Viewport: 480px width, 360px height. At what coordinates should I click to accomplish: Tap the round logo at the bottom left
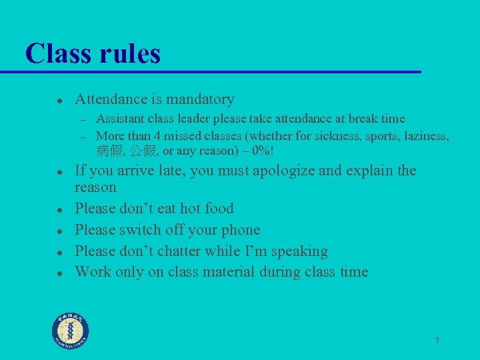[71, 331]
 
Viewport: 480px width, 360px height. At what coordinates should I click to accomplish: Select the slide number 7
[437, 341]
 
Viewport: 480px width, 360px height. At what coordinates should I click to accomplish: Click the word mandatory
[200, 99]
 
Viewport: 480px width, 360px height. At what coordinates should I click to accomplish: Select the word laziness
[424, 137]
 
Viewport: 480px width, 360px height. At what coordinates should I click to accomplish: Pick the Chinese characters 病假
[110, 151]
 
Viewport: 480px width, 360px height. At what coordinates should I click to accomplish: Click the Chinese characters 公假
[144, 151]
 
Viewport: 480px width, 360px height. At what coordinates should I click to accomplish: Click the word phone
[239, 230]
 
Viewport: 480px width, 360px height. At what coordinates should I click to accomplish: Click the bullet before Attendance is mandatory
[59, 101]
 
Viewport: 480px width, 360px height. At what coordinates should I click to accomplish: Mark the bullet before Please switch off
[59, 231]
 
